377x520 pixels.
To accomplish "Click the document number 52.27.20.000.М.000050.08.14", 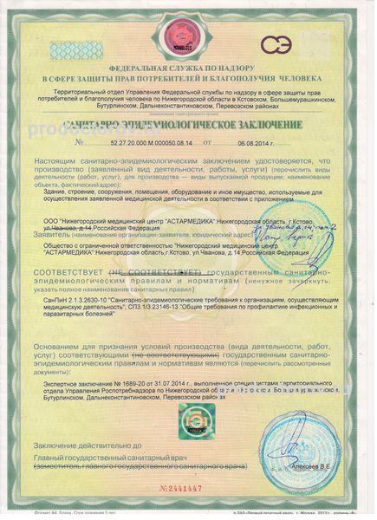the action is (x=139, y=140).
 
